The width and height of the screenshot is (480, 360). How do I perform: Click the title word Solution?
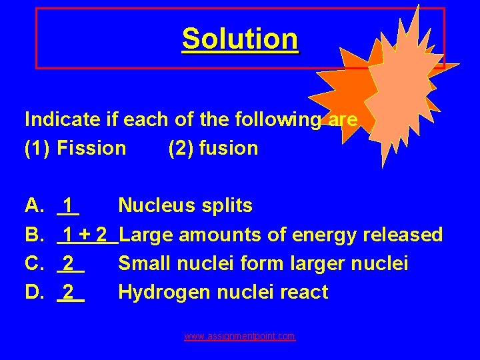click(240, 39)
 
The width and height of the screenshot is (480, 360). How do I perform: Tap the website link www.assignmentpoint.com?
click(240, 337)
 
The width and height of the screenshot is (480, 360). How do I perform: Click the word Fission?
click(91, 148)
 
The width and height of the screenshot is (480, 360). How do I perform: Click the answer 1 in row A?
click(69, 206)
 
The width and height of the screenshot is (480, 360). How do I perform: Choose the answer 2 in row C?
click(69, 263)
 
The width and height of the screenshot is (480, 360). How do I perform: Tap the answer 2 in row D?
click(69, 292)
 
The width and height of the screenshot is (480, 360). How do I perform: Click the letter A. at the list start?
click(35, 206)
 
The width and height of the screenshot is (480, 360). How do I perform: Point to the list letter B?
click(35, 235)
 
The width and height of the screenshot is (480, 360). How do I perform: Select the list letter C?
click(35, 263)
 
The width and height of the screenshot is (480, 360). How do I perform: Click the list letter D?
click(35, 292)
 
